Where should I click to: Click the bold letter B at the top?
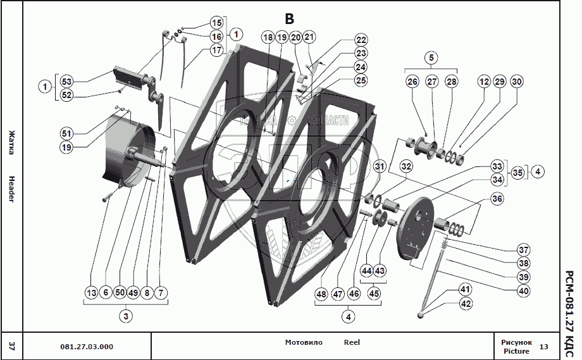[x=290, y=19]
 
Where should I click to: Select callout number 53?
[x=66, y=81]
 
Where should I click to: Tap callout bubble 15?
[x=216, y=22]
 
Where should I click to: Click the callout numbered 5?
[x=431, y=58]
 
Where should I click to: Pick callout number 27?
[x=431, y=82]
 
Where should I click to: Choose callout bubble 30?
[x=517, y=82]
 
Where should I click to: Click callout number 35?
[x=517, y=171]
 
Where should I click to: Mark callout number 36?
[x=497, y=199]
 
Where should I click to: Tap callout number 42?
[x=466, y=304]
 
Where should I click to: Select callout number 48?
[x=321, y=294]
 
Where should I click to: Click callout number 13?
[x=92, y=292]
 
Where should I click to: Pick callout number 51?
[x=66, y=133]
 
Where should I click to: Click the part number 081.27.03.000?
[x=87, y=347]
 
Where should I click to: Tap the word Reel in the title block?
[x=352, y=342]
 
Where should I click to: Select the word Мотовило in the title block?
[x=304, y=342]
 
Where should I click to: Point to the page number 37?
[x=11, y=345]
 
